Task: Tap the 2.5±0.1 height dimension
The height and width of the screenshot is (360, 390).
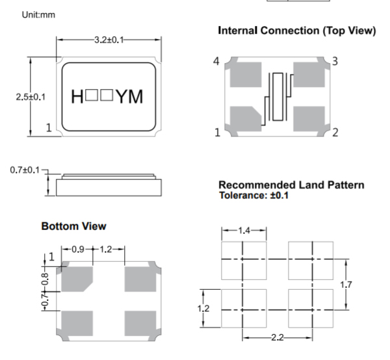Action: [x=30, y=97]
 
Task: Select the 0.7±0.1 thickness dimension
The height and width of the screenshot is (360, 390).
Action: [x=25, y=170]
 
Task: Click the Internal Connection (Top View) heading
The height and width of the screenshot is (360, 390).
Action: [x=297, y=31]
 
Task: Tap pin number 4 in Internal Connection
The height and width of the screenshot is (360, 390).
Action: [x=216, y=61]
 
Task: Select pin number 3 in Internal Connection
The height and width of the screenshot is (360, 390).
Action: [x=335, y=61]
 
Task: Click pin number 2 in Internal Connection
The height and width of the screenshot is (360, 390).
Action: [x=335, y=134]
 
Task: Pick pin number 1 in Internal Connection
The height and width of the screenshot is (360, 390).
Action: [x=217, y=134]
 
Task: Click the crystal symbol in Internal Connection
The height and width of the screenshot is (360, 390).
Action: [x=279, y=97]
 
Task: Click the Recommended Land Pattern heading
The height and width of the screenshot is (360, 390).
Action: [x=291, y=185]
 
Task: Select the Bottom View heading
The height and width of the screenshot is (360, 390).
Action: [x=73, y=227]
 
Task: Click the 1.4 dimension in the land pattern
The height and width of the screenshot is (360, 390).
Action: [x=242, y=231]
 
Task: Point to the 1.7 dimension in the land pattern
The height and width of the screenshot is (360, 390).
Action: [x=347, y=283]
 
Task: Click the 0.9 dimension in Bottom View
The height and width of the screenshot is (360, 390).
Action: [x=76, y=250]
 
